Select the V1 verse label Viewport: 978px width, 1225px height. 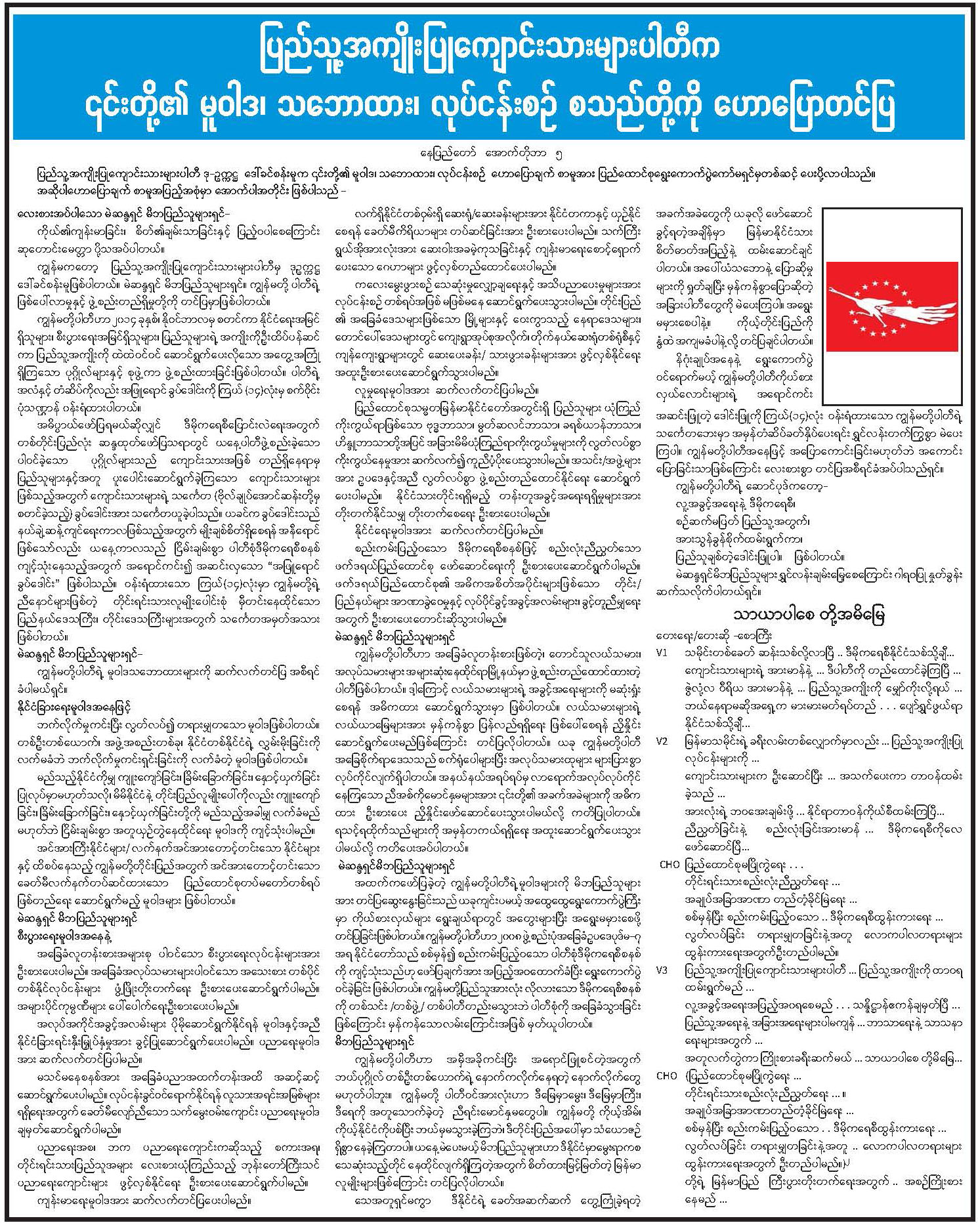pyautogui.click(x=662, y=654)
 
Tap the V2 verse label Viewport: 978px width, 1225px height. pyautogui.click(x=662, y=741)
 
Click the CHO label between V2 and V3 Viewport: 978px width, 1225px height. pyautogui.click(x=668, y=864)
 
